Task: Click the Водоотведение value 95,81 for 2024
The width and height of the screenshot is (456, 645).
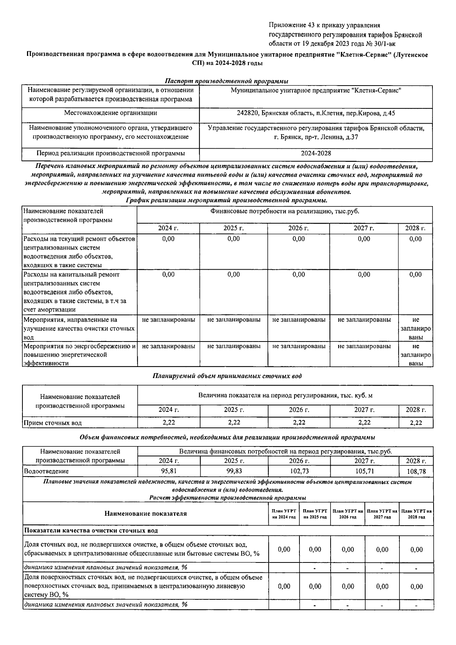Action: click(x=168, y=471)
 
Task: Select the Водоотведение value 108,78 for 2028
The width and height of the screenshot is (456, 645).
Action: click(x=416, y=471)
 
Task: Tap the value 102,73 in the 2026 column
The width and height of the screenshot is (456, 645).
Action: click(x=299, y=471)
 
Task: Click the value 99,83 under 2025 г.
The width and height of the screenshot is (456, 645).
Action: click(x=234, y=471)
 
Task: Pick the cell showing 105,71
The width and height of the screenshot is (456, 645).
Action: click(x=364, y=471)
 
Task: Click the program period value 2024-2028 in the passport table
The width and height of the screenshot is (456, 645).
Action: click(x=316, y=153)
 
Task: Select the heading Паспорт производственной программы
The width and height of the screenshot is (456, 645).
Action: click(x=226, y=81)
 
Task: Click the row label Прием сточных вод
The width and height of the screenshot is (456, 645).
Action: click(x=53, y=423)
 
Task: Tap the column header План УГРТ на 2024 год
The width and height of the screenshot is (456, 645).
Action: click(x=284, y=514)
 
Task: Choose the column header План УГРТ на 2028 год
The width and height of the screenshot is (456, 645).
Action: click(x=416, y=514)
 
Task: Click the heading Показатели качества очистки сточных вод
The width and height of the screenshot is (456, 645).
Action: click(x=91, y=530)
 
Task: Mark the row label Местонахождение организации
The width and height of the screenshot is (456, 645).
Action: click(x=111, y=113)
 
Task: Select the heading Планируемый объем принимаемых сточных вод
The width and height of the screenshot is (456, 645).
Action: click(x=227, y=376)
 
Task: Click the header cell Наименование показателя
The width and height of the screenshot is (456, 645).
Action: click(x=146, y=513)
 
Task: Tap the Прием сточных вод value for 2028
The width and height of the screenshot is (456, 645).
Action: click(x=416, y=422)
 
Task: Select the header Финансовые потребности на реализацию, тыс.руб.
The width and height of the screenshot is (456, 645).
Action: click(x=285, y=211)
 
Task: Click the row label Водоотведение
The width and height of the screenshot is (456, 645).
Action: click(x=46, y=471)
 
